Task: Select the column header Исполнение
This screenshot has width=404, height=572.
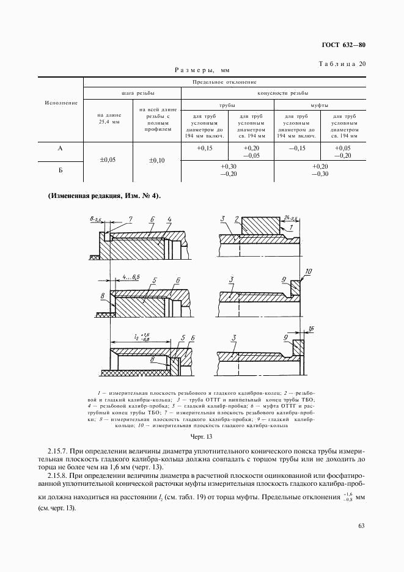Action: [61, 103]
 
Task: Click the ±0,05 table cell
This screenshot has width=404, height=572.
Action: [107, 159]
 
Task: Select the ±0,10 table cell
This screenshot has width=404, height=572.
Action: [157, 160]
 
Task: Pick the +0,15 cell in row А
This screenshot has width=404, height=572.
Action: [205, 148]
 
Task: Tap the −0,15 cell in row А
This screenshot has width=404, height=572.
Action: [297, 148]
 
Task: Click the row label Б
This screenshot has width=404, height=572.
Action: [61, 170]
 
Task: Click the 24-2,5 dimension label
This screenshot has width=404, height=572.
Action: [290, 217]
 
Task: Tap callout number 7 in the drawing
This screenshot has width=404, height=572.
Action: [130, 219]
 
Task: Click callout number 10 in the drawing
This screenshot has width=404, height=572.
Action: [308, 271]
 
